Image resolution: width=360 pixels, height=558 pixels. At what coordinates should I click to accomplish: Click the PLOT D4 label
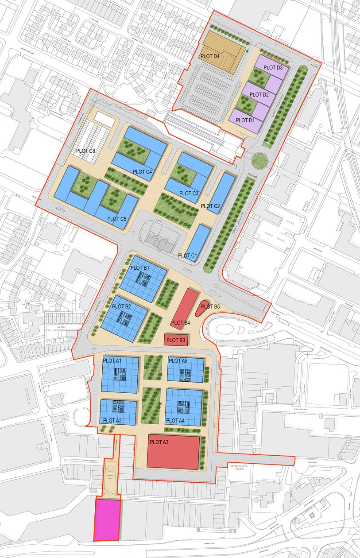tap(210, 56)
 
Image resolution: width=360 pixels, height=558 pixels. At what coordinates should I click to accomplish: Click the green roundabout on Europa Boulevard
tap(258, 160)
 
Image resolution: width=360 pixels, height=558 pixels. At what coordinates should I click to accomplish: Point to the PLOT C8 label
tap(86, 151)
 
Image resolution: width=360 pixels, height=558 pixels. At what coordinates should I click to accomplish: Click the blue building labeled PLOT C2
tap(221, 193)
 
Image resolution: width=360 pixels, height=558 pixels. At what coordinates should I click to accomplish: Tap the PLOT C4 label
tap(142, 172)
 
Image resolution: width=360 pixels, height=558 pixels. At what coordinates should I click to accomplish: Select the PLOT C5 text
tap(117, 219)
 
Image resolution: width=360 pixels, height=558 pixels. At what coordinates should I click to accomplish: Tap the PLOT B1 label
tap(139, 268)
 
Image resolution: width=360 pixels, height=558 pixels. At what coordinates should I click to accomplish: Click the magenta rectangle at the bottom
tap(107, 520)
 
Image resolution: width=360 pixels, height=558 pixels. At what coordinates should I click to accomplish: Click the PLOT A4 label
tap(175, 420)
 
